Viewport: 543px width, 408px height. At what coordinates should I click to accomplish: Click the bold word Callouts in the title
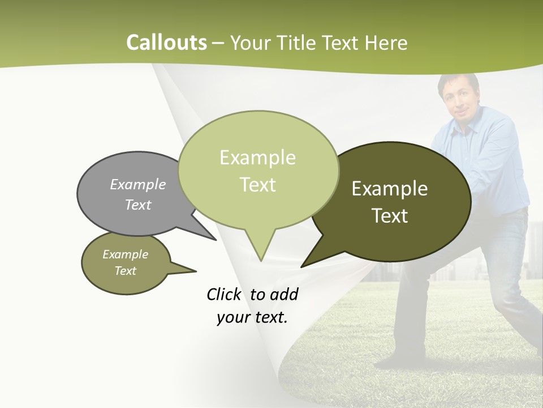(166, 42)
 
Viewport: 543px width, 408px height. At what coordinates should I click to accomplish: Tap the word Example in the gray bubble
(137, 184)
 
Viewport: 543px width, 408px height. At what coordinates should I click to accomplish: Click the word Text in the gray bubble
(137, 205)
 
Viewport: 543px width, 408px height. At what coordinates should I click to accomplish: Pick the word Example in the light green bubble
(257, 158)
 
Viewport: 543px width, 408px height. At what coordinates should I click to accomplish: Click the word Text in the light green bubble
(257, 185)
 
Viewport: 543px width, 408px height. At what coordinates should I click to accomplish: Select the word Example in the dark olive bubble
(390, 188)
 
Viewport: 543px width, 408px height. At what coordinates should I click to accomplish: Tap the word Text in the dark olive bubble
(390, 215)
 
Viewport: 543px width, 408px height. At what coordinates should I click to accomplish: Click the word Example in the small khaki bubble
(125, 254)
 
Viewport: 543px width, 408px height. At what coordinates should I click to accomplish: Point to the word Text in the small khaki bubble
(125, 271)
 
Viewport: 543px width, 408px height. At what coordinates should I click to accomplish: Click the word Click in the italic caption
(225, 294)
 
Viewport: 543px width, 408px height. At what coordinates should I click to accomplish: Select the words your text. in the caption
(252, 317)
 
